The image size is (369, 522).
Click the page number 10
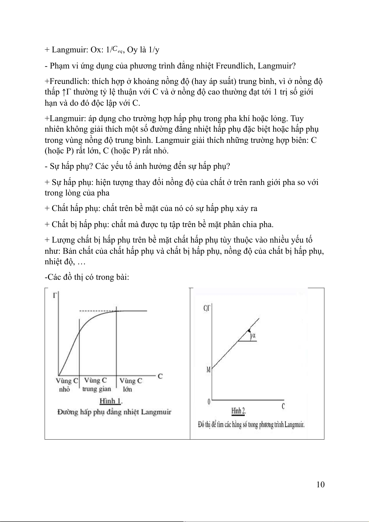point(320,485)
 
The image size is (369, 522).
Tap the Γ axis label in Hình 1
point(55,295)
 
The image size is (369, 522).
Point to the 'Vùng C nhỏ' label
point(66,385)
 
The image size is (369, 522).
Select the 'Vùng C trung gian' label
point(96,384)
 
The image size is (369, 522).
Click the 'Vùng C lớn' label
point(130,385)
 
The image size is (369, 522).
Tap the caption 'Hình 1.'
point(111,401)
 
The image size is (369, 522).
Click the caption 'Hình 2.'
point(239,411)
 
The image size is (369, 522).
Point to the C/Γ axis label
point(207,309)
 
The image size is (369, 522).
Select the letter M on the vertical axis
point(209,370)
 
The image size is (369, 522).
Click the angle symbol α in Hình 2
point(254,335)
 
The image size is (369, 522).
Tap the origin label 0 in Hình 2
point(209,402)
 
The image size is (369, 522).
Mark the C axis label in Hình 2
point(283,406)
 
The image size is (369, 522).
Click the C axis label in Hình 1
point(160,376)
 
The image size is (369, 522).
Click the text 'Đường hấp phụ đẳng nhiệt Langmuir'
point(114,412)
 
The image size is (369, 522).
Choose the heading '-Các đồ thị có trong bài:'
point(87,277)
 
